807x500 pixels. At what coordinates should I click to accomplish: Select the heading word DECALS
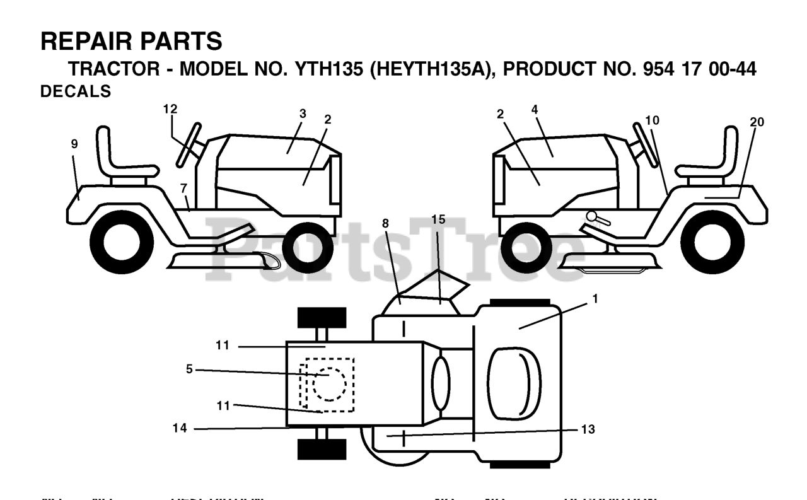pos(76,91)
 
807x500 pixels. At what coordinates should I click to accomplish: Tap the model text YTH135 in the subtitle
pos(328,69)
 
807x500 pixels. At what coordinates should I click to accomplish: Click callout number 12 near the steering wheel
pos(170,109)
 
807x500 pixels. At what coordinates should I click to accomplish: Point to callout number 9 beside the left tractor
pos(74,144)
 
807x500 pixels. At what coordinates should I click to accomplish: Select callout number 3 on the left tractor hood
pos(303,113)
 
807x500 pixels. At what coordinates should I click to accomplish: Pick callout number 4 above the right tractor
pos(535,109)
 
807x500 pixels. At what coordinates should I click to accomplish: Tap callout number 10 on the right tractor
pos(653,120)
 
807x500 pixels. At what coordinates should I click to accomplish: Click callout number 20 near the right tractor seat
pos(757,122)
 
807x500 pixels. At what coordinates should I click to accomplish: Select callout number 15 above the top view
pos(438,219)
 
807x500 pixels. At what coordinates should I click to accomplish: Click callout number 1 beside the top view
pos(594,299)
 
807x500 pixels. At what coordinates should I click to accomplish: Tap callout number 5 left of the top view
pos(189,369)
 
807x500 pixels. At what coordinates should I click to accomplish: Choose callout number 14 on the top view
pos(180,429)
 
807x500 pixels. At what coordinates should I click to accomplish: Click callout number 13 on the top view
pos(588,429)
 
